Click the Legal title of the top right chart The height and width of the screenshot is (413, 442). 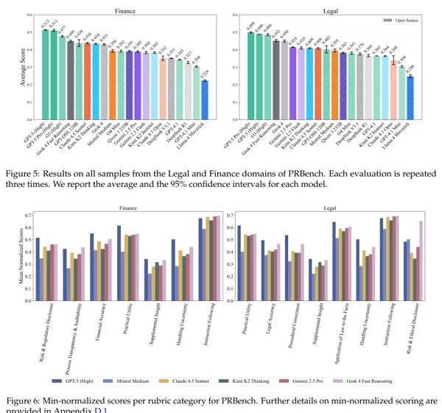click(x=330, y=10)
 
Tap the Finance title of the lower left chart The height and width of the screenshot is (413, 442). click(x=127, y=208)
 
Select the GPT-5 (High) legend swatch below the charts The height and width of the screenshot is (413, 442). click(x=60, y=381)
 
